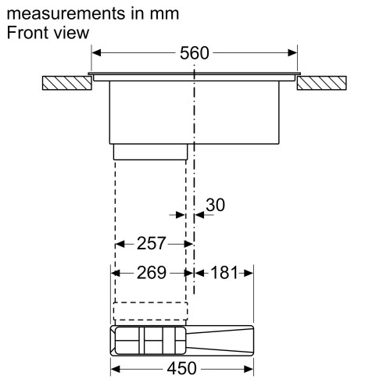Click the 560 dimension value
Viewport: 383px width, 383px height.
coord(195,53)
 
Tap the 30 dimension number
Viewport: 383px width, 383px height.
coord(215,205)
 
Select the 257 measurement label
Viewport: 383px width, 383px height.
coord(150,243)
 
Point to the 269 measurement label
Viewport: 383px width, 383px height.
coord(150,273)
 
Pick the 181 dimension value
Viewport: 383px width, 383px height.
coord(224,273)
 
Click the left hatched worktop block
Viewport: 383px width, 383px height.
coord(66,83)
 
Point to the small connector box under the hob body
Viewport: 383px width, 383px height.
coord(150,151)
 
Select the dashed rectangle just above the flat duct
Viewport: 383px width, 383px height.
coord(150,311)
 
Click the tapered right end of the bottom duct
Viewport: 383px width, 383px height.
coord(227,340)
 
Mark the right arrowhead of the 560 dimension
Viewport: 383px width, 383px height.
coord(294,53)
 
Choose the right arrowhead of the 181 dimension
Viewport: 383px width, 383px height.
coord(249,273)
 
